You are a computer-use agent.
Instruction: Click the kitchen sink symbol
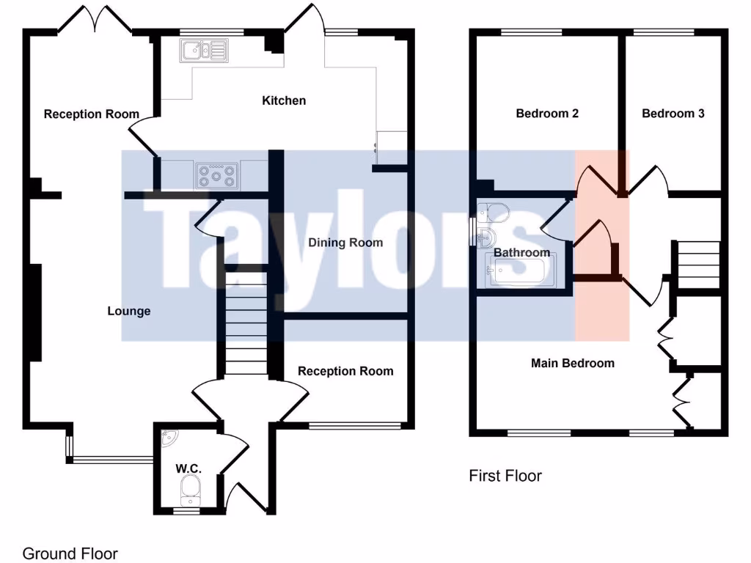205,51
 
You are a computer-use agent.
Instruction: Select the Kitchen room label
284,100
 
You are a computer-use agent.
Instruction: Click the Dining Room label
345,243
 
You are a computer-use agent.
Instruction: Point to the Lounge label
129,311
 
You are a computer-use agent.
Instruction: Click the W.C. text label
188,468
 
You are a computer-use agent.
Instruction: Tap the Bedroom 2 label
547,114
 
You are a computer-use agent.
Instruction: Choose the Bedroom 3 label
673,114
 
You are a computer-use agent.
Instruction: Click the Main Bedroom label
572,363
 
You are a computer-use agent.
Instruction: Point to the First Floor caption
505,476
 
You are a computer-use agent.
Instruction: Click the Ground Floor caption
70,553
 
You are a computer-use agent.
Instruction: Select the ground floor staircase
244,323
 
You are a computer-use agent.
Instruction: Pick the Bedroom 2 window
532,32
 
